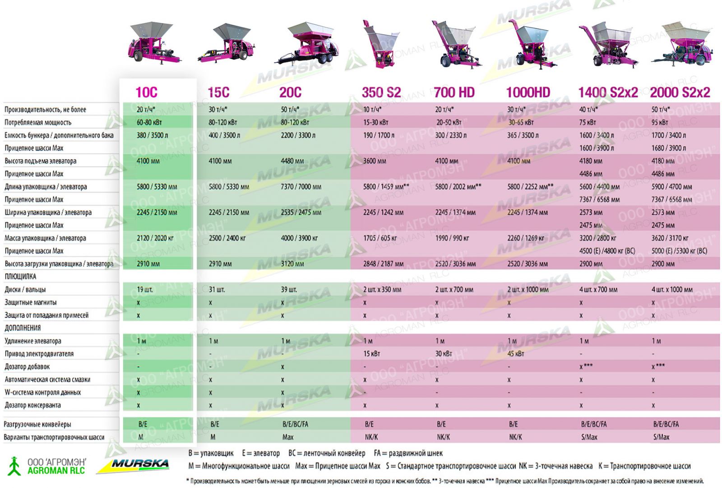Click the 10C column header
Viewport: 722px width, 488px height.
[x=146, y=92]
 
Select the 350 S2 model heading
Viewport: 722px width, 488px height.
[x=381, y=92]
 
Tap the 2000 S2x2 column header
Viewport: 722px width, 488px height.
[x=680, y=92]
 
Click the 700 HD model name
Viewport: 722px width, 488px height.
[x=454, y=92]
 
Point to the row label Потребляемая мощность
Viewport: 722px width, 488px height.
[x=38, y=122]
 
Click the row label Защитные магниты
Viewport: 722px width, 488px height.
[x=31, y=302]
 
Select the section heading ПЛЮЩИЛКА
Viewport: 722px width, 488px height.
[x=20, y=276]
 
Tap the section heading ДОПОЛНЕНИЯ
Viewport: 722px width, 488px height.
[x=23, y=328]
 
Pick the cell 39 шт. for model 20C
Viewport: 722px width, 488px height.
[x=289, y=290]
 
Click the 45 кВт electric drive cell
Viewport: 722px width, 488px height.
[x=516, y=354]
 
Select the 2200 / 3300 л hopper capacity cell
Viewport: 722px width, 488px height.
[x=298, y=135]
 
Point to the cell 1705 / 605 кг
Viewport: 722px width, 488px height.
[x=380, y=238]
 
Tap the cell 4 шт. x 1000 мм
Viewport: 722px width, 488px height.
[x=672, y=290]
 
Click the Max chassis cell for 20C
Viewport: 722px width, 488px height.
[x=287, y=437]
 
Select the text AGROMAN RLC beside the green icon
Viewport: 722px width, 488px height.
[x=56, y=471]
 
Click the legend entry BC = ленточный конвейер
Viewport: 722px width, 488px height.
[x=327, y=453]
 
